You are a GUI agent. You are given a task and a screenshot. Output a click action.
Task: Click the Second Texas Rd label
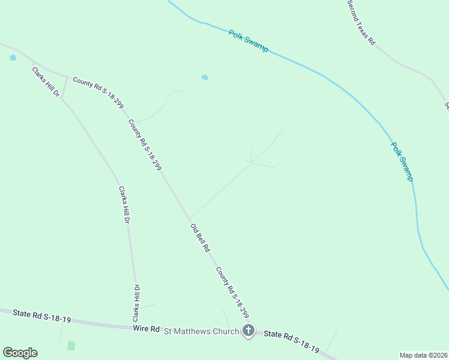[361, 23]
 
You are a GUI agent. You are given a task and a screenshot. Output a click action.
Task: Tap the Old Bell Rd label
[200, 238]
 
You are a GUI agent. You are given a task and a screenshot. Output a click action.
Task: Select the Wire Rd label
[146, 329]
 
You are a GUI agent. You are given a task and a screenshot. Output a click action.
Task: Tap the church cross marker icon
[249, 330]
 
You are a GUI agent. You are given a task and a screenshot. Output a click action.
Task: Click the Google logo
[20, 353]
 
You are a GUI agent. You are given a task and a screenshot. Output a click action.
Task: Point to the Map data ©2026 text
[424, 355]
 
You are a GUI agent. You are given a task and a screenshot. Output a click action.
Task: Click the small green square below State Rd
[71, 346]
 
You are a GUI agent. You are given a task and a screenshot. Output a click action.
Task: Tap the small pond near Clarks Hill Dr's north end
[13, 58]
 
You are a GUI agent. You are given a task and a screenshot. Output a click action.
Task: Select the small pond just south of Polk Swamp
[205, 77]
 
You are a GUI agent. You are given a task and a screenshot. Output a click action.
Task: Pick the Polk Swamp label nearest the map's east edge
[402, 161]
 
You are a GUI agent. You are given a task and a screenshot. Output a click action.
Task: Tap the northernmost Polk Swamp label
[248, 40]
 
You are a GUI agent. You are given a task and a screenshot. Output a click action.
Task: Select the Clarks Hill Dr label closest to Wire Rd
[136, 302]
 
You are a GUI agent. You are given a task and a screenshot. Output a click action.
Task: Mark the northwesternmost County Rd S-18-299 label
[98, 91]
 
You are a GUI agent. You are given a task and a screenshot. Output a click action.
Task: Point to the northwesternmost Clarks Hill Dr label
[46, 82]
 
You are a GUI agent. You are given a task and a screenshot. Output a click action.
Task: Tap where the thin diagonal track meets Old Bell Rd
[190, 218]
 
